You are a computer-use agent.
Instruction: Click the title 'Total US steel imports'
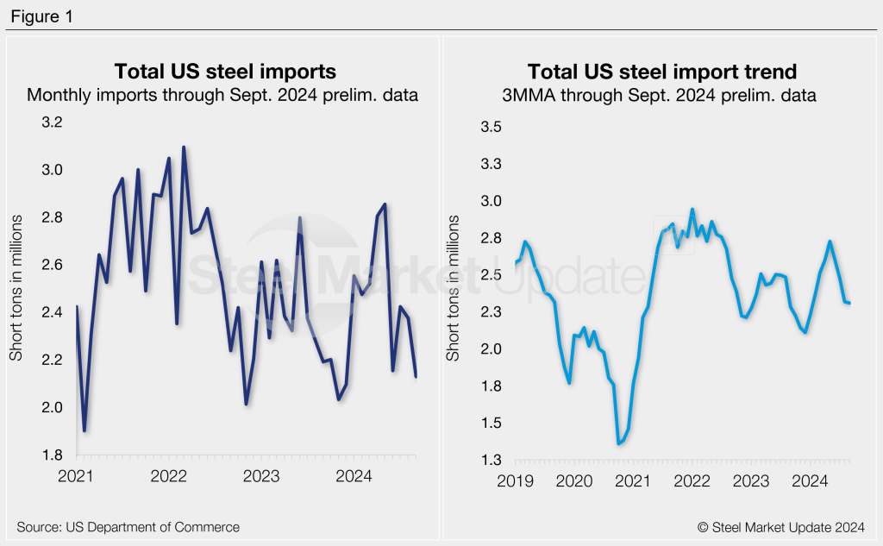225,71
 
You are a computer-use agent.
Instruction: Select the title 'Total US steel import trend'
662,71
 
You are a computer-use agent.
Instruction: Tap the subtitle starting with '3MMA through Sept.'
662,96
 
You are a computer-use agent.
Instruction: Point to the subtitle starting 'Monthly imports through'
222,96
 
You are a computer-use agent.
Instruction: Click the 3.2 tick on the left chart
53,122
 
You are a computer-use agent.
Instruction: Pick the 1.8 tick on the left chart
53,455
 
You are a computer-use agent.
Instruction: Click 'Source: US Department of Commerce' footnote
128,526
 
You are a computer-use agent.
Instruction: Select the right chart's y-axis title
454,289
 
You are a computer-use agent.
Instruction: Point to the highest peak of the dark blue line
184,147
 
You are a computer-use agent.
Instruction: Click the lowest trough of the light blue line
618,443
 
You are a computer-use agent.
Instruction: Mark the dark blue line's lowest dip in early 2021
85,430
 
